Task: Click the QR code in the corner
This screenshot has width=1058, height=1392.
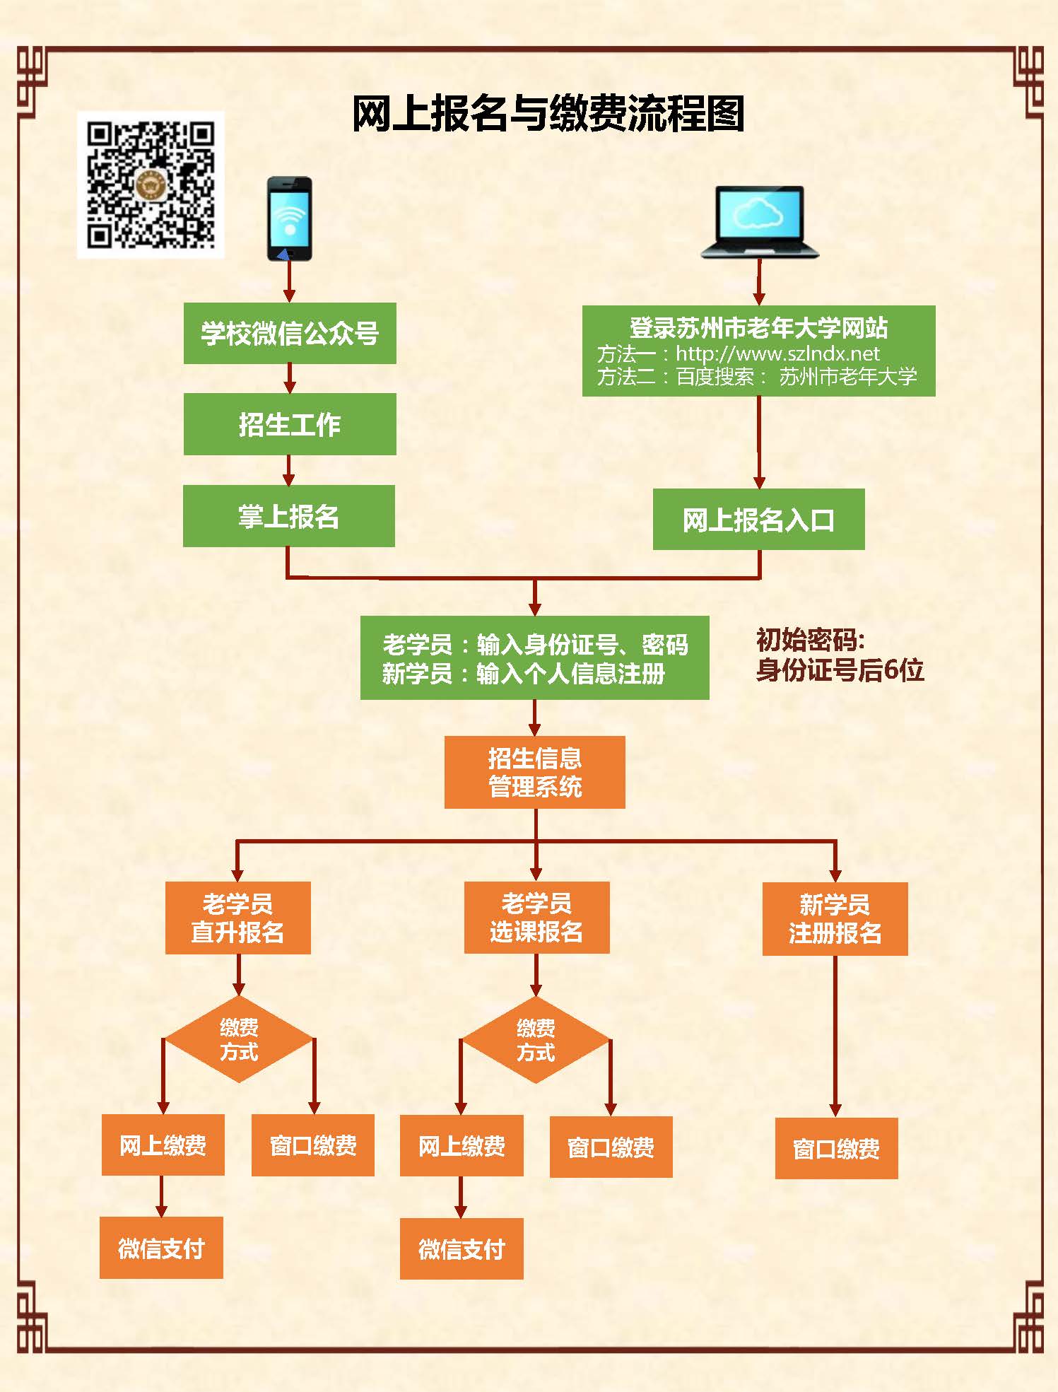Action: click(151, 185)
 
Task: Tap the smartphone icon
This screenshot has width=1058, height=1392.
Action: click(289, 218)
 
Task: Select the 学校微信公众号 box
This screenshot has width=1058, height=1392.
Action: click(290, 334)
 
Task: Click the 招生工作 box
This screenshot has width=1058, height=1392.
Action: click(290, 424)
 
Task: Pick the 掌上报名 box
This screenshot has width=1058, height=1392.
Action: click(289, 516)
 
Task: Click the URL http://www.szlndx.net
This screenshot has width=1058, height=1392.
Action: click(777, 353)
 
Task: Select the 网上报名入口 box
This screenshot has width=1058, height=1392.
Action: click(758, 520)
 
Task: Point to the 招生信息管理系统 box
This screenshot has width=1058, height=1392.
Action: click(535, 772)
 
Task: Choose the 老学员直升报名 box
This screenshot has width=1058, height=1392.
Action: click(238, 918)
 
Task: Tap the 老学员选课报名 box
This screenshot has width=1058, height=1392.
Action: click(536, 918)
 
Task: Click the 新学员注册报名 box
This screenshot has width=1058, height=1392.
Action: click(835, 918)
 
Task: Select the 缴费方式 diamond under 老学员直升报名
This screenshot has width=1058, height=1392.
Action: click(239, 1039)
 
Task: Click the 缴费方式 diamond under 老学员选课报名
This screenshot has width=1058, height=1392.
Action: click(536, 1040)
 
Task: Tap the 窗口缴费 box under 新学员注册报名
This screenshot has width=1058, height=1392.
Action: click(836, 1149)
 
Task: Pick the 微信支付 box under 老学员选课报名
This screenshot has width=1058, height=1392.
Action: click(462, 1249)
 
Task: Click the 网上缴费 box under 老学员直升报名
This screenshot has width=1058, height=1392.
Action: click(163, 1145)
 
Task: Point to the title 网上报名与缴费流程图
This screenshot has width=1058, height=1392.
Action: click(548, 114)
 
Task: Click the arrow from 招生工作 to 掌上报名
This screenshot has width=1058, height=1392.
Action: click(289, 470)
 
